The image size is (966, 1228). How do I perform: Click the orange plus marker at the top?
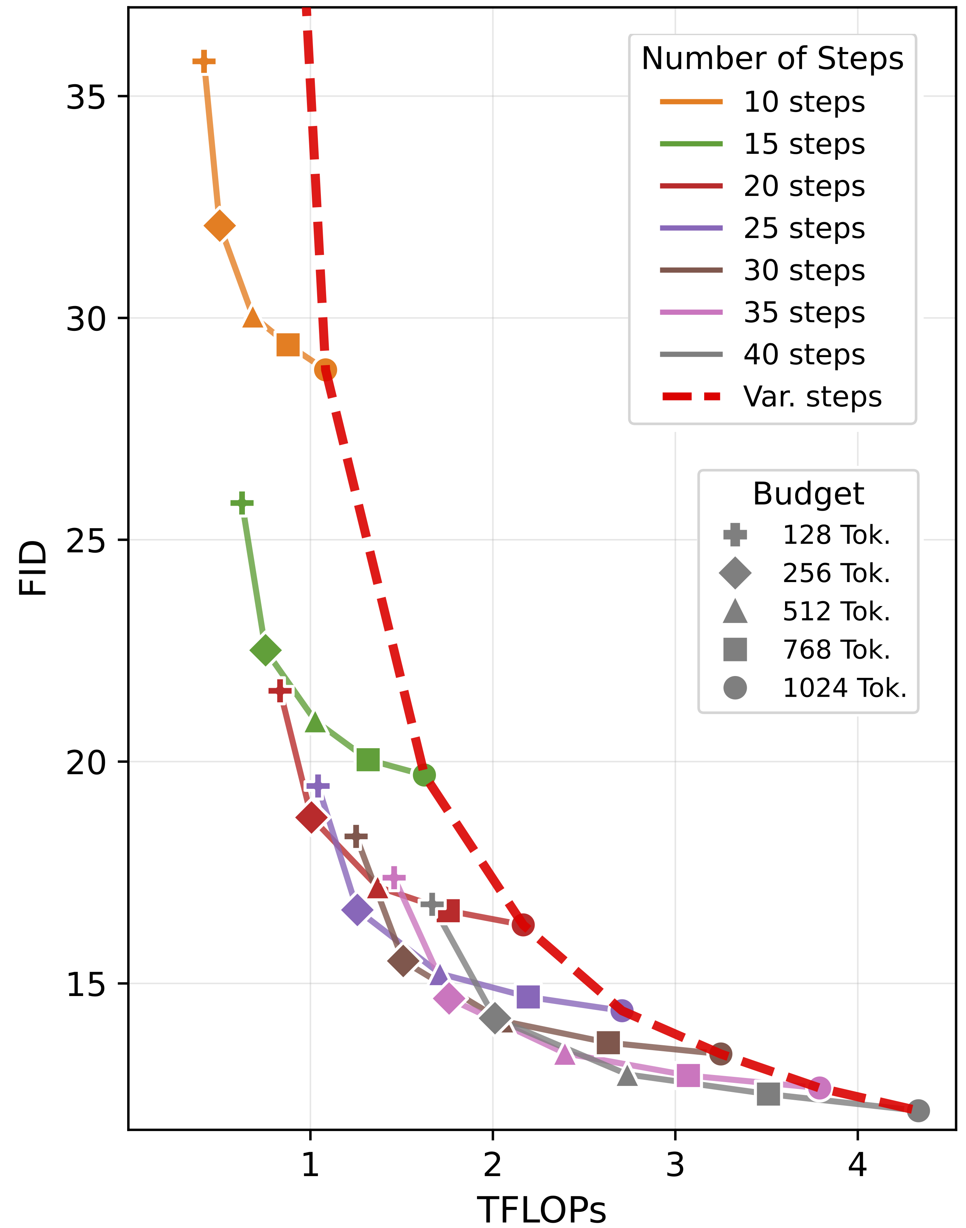(204, 61)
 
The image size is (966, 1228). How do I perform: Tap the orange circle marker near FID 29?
(325, 370)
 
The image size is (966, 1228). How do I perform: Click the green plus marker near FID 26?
(242, 503)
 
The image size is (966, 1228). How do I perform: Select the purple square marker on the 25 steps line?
(528, 997)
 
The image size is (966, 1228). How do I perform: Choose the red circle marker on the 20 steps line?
(523, 925)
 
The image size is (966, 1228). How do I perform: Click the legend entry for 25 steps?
(803, 228)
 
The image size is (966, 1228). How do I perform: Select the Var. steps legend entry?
(812, 396)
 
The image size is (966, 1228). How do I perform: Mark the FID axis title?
(33, 568)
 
